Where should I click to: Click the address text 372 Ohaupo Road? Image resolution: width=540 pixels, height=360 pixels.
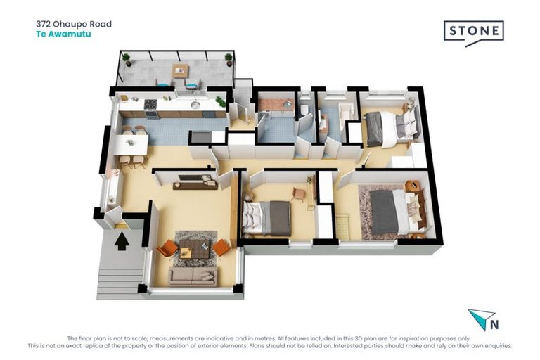point(74,24)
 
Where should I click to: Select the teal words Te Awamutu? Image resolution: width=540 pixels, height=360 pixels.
point(63,34)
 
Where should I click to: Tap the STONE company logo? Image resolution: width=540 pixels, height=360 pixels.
point(473,33)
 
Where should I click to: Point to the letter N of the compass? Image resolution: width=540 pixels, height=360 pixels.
point(494,325)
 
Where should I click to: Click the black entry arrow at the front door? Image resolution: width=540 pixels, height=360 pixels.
point(122,241)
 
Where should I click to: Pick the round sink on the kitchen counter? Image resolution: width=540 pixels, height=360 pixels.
point(195,104)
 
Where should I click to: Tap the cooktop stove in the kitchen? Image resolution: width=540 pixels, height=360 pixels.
point(150,104)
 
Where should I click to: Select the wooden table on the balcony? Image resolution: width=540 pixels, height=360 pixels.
point(181,71)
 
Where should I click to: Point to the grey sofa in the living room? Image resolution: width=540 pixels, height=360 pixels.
point(193,276)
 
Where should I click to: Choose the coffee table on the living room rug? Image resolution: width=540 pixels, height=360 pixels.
point(194,249)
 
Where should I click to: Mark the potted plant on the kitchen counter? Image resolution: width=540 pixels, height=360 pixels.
point(220,101)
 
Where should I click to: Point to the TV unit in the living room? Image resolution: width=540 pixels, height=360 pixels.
point(195,182)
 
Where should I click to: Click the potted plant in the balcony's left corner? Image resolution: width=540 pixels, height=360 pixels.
point(127,60)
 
